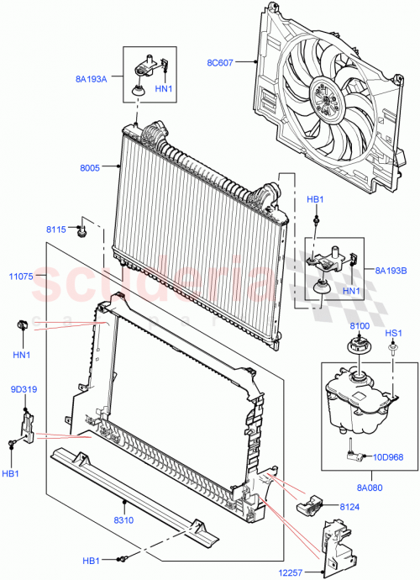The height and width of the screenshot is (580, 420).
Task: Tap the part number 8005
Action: point(90,167)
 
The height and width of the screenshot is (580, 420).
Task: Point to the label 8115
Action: point(57,229)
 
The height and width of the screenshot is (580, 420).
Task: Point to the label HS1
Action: point(391,333)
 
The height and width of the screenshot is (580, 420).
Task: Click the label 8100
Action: point(359,324)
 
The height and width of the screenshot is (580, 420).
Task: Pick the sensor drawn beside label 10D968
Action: point(355,455)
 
